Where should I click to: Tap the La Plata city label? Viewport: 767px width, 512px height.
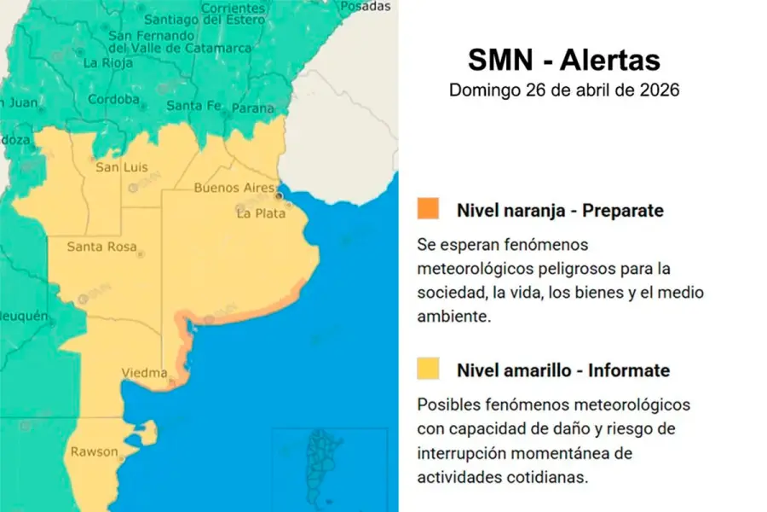(261, 213)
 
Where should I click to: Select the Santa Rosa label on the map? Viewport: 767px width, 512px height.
(101, 247)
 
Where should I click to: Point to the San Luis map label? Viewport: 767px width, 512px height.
(118, 167)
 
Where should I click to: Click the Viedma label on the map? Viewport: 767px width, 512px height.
(144, 373)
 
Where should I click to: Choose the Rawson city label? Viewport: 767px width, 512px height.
(94, 451)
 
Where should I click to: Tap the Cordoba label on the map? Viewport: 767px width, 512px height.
(113, 99)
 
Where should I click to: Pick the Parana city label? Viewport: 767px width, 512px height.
(253, 108)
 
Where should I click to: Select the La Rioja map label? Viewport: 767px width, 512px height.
(107, 62)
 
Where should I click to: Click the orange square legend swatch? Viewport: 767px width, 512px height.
(428, 208)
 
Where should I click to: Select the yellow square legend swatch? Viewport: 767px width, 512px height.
(428, 369)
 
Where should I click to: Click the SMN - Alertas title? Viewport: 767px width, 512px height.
(564, 61)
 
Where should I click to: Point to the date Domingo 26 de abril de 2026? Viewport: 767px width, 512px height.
(564, 90)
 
